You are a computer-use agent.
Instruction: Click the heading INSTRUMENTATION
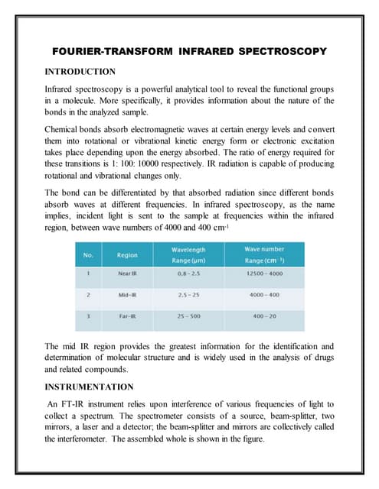[89, 387]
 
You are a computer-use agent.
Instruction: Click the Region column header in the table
[127, 254]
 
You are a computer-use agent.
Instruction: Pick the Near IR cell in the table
[128, 274]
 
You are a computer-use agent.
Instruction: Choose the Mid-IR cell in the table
[127, 294]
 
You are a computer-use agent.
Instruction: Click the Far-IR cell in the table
[127, 315]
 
